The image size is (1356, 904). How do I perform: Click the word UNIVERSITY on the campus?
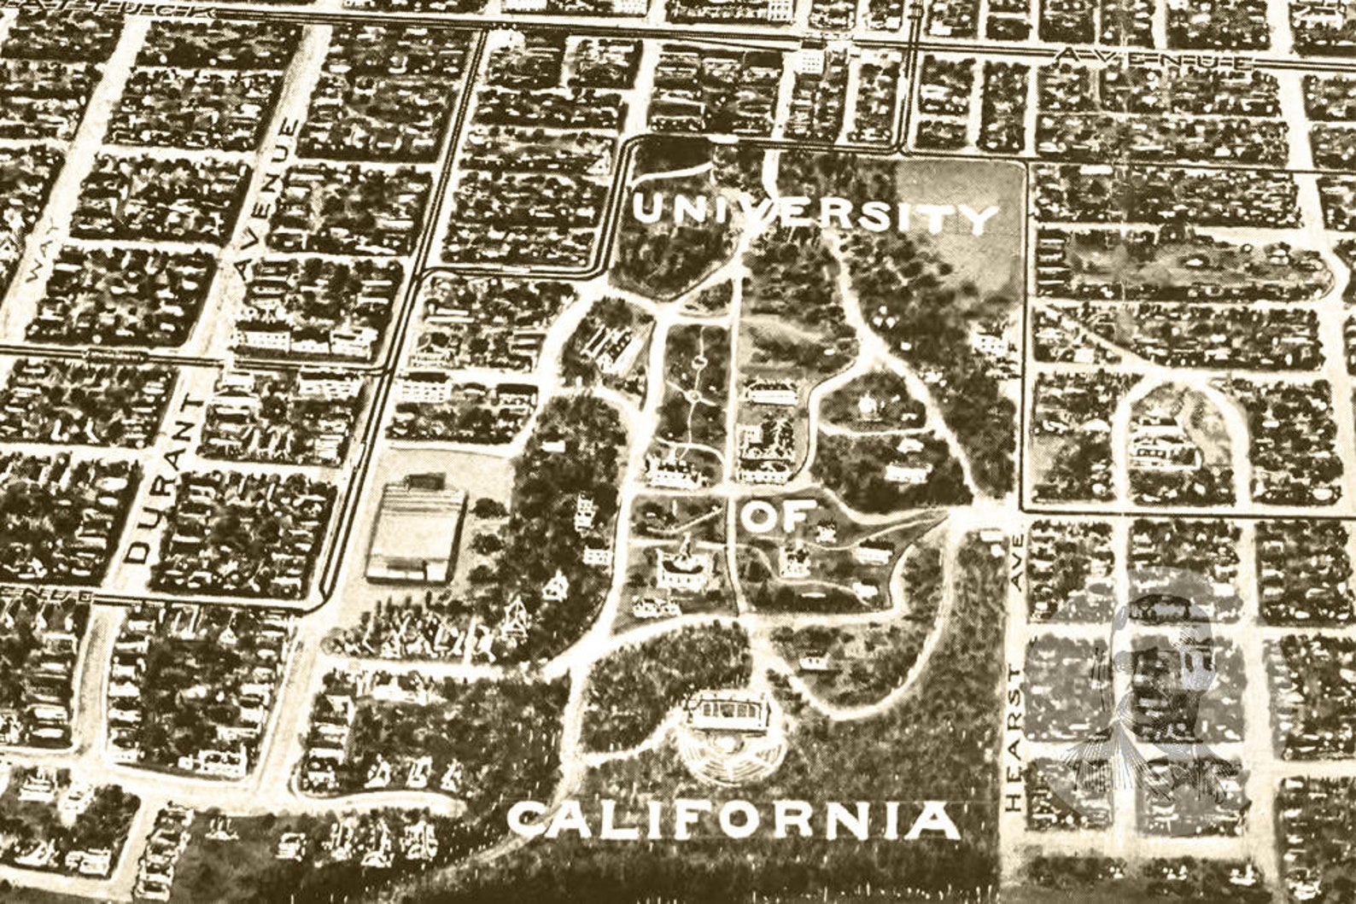(x=815, y=213)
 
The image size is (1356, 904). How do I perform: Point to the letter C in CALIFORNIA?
(x=528, y=819)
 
